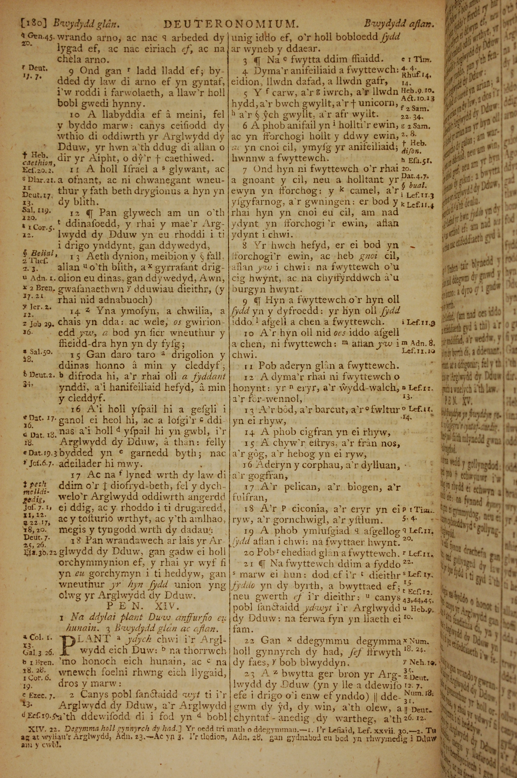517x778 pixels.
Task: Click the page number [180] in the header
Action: pyautogui.click(x=31, y=24)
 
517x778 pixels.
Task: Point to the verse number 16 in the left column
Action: pyautogui.click(x=76, y=409)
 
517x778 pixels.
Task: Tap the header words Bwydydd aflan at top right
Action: pyautogui.click(x=399, y=24)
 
